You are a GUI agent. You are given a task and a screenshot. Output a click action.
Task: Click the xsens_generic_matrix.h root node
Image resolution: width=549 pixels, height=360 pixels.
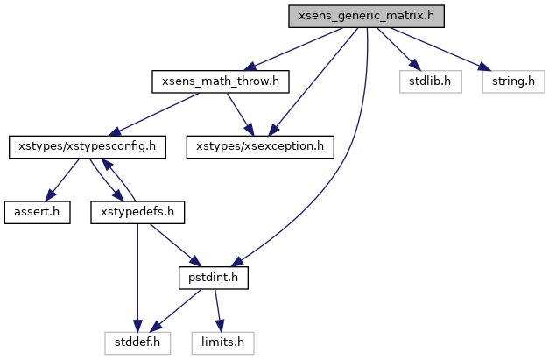tap(358, 17)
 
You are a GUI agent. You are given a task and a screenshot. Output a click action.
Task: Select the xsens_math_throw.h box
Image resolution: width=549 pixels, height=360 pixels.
tap(221, 81)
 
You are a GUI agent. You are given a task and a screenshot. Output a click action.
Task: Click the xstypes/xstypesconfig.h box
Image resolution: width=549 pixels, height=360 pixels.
tap(87, 146)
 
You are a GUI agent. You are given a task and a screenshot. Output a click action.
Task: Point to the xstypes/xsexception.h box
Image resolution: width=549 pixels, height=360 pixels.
tap(260, 146)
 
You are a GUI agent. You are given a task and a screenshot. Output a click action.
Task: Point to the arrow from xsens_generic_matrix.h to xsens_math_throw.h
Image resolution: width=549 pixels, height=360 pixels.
tap(289, 49)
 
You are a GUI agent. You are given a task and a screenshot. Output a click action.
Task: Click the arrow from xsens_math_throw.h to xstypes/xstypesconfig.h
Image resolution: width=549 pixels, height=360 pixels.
tap(153, 114)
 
